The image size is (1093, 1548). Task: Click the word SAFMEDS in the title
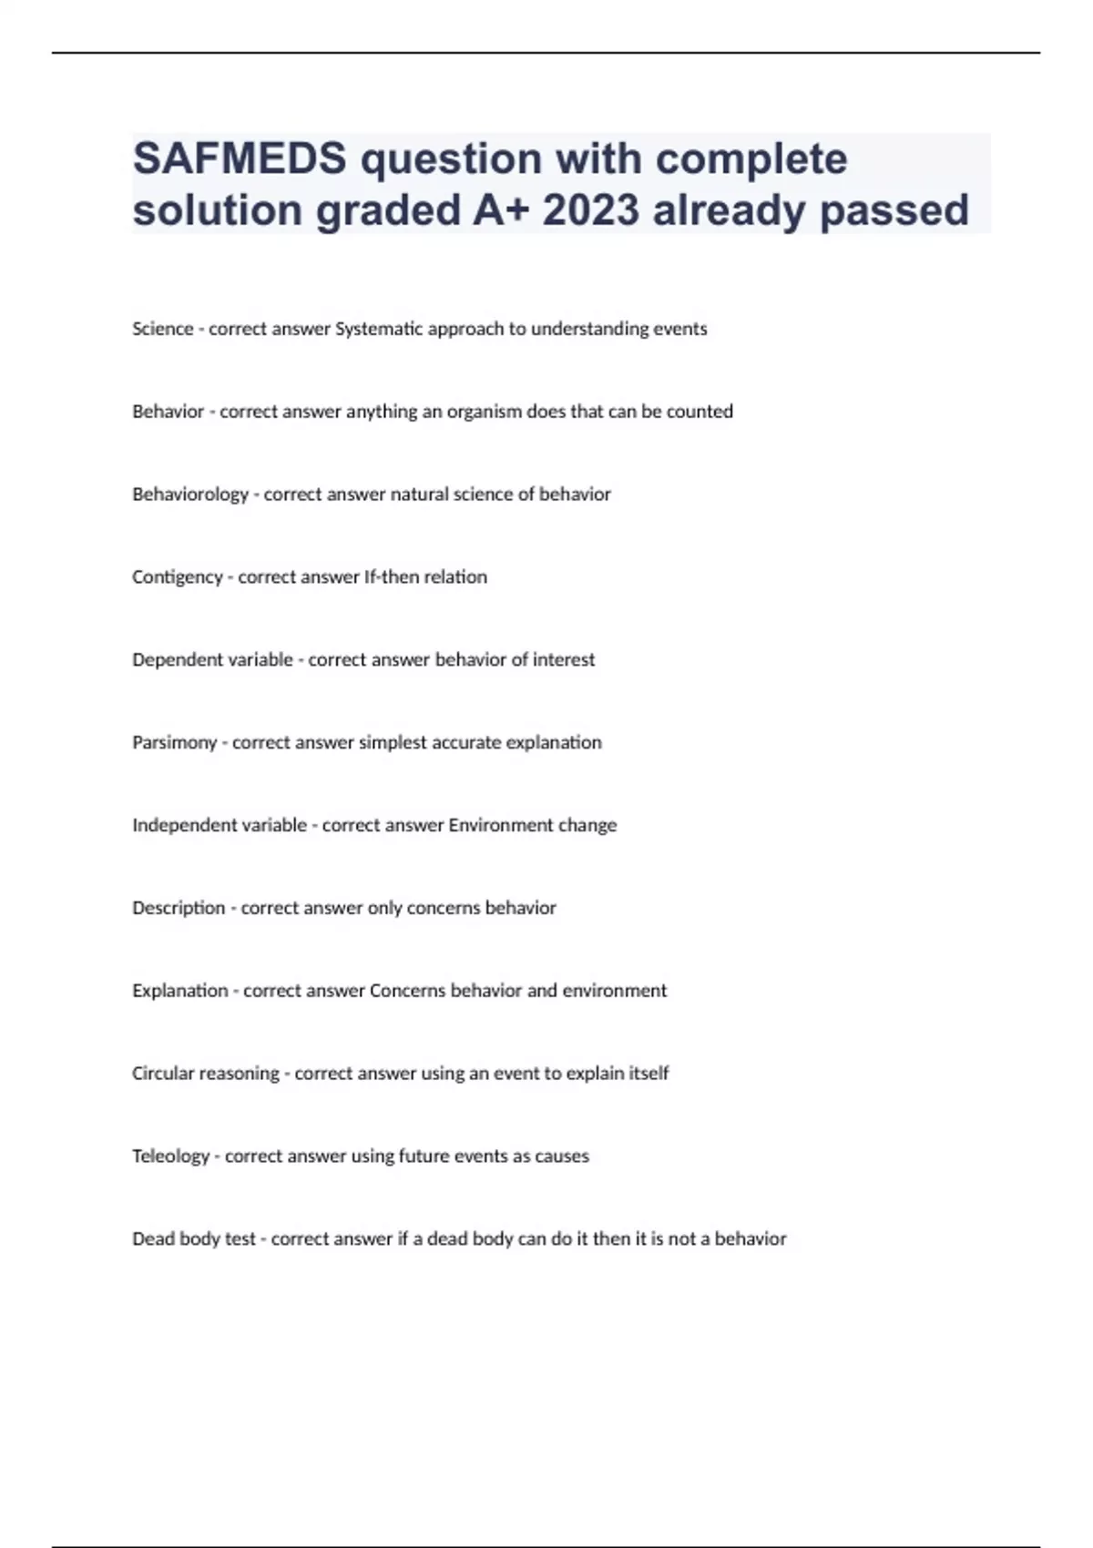click(240, 159)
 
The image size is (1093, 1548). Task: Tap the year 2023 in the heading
click(591, 210)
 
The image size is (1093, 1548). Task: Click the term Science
click(162, 329)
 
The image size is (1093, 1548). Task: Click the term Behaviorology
click(189, 494)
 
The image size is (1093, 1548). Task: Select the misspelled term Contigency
click(177, 577)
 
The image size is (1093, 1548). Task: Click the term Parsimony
click(174, 743)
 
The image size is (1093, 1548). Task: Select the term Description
click(179, 908)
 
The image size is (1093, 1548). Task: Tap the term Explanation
click(179, 991)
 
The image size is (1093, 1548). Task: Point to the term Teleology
click(170, 1156)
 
